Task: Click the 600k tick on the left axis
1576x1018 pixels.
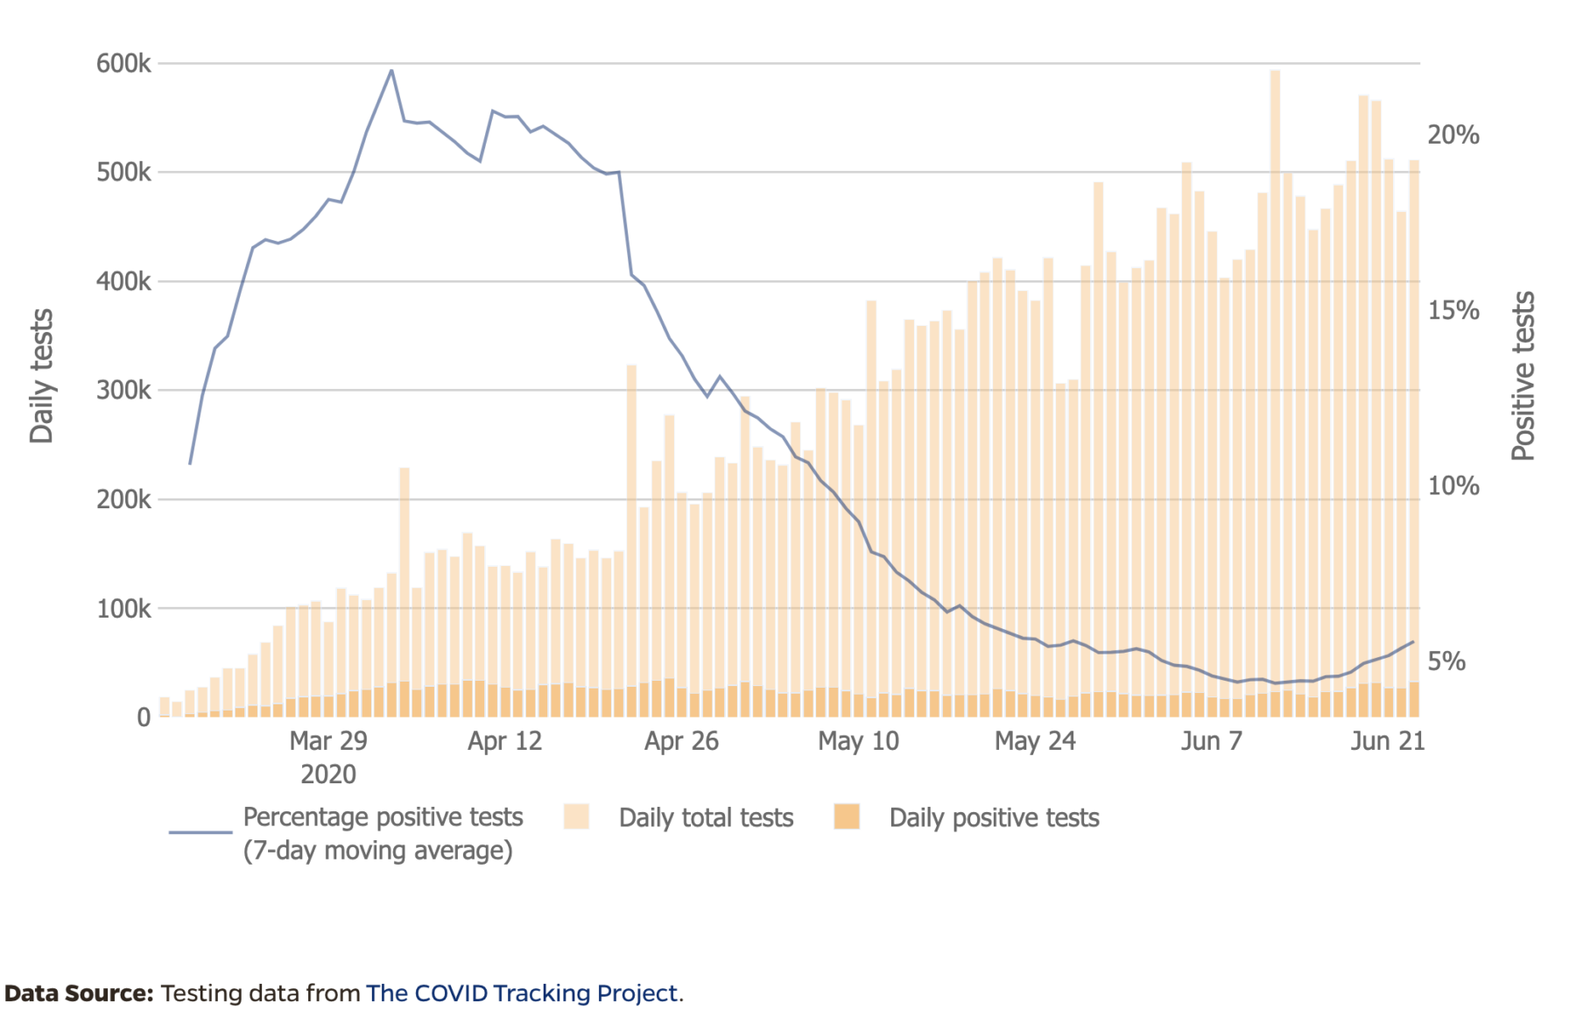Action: [123, 63]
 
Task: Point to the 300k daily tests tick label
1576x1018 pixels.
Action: [123, 390]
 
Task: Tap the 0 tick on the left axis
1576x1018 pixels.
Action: [144, 718]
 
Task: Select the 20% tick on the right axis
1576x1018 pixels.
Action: [1453, 135]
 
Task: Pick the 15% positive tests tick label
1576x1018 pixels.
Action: [1453, 310]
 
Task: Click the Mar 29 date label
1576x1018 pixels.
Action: [328, 741]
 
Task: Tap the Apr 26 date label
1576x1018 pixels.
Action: [681, 741]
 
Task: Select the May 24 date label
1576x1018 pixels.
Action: [1035, 741]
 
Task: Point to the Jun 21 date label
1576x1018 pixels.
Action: [1388, 741]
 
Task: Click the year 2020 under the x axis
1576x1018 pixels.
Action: [328, 774]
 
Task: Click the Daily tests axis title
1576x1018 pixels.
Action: [41, 377]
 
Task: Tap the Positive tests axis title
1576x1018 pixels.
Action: [1523, 377]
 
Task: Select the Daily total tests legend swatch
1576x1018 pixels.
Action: [576, 817]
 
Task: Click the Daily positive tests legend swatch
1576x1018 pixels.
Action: [847, 817]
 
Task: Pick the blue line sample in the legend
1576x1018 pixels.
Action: [201, 831]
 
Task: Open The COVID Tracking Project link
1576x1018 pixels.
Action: [522, 993]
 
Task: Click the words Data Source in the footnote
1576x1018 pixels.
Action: [79, 993]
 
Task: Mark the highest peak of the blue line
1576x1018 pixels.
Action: [391, 70]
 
